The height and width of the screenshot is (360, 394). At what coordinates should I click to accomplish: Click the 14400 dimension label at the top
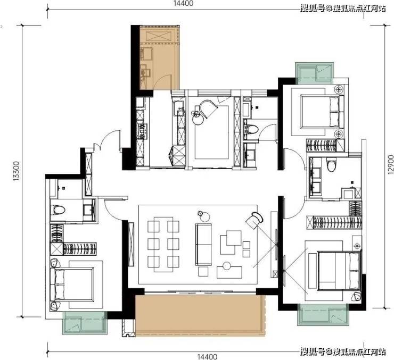pos(184,4)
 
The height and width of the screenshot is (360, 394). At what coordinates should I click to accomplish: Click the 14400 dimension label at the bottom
pos(207,356)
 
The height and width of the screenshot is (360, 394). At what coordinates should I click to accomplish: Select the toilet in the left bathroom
pos(58,210)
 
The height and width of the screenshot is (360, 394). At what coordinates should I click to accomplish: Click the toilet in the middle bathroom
pos(251,129)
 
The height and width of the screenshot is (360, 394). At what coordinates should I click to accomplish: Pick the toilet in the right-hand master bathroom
pos(331,164)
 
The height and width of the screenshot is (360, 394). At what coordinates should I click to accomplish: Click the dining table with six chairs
pos(163,245)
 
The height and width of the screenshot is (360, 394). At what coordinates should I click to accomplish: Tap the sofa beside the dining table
pos(203,245)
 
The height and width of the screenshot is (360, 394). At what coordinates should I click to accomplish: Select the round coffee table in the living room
pos(227,266)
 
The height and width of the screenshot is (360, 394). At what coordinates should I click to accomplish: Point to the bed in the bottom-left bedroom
pos(72,284)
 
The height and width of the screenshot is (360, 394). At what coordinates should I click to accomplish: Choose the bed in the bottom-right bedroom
pos(340,271)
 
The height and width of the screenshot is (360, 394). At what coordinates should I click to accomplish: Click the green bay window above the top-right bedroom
pos(315,73)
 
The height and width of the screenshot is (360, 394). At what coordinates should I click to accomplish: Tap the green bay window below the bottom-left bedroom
pos(85,323)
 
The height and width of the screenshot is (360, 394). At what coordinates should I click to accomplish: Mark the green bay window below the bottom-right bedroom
pos(323,315)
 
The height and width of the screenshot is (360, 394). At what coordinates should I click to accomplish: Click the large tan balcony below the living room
pos(200,315)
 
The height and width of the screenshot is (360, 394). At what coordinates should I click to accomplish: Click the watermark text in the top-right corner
pos(343,9)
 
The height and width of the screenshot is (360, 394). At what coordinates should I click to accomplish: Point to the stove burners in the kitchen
pos(143,131)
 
